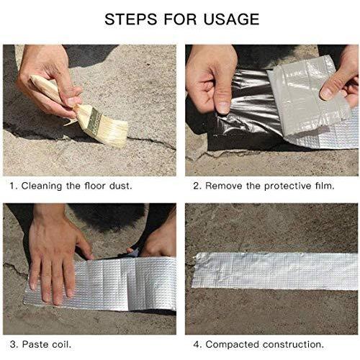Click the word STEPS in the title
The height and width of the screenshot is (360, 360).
pyautogui.click(x=130, y=19)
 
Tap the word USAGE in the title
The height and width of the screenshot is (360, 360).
pyautogui.click(x=231, y=19)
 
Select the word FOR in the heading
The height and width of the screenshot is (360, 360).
pyautogui.click(x=180, y=19)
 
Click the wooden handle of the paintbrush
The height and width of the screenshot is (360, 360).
pyautogui.click(x=56, y=92)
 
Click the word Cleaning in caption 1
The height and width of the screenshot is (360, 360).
pyautogui.click(x=42, y=186)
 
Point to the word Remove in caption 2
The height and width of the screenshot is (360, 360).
pyautogui.click(x=224, y=186)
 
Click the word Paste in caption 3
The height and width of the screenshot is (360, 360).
pyautogui.click(x=35, y=344)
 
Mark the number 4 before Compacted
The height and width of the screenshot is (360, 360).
pyautogui.click(x=197, y=344)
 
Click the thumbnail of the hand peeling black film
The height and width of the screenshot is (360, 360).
pyautogui.click(x=271, y=110)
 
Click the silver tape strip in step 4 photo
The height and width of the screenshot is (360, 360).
pyautogui.click(x=275, y=271)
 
